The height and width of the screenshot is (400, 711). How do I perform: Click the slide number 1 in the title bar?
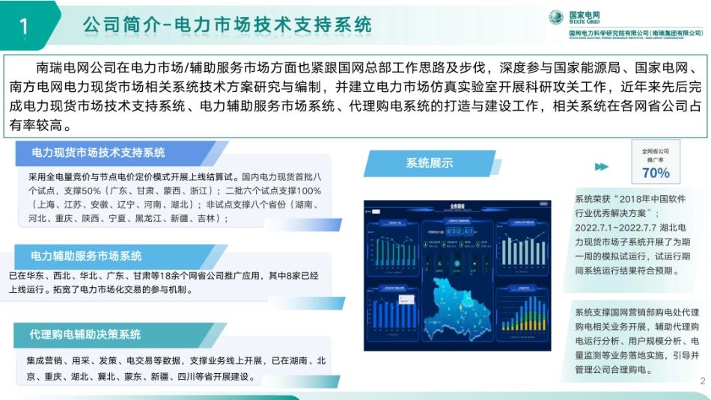tap(23, 26)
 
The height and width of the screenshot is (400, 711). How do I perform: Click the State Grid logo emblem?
tap(556, 16)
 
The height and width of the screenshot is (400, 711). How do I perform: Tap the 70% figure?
tap(656, 173)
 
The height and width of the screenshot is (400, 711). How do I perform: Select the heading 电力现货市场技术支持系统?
tap(98, 153)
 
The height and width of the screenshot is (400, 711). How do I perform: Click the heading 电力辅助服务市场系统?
tap(87, 256)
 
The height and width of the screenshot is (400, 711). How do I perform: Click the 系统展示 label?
tap(430, 163)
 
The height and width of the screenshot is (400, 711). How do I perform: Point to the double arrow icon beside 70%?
tap(601, 166)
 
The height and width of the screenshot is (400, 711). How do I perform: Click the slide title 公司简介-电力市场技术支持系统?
tap(228, 25)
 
